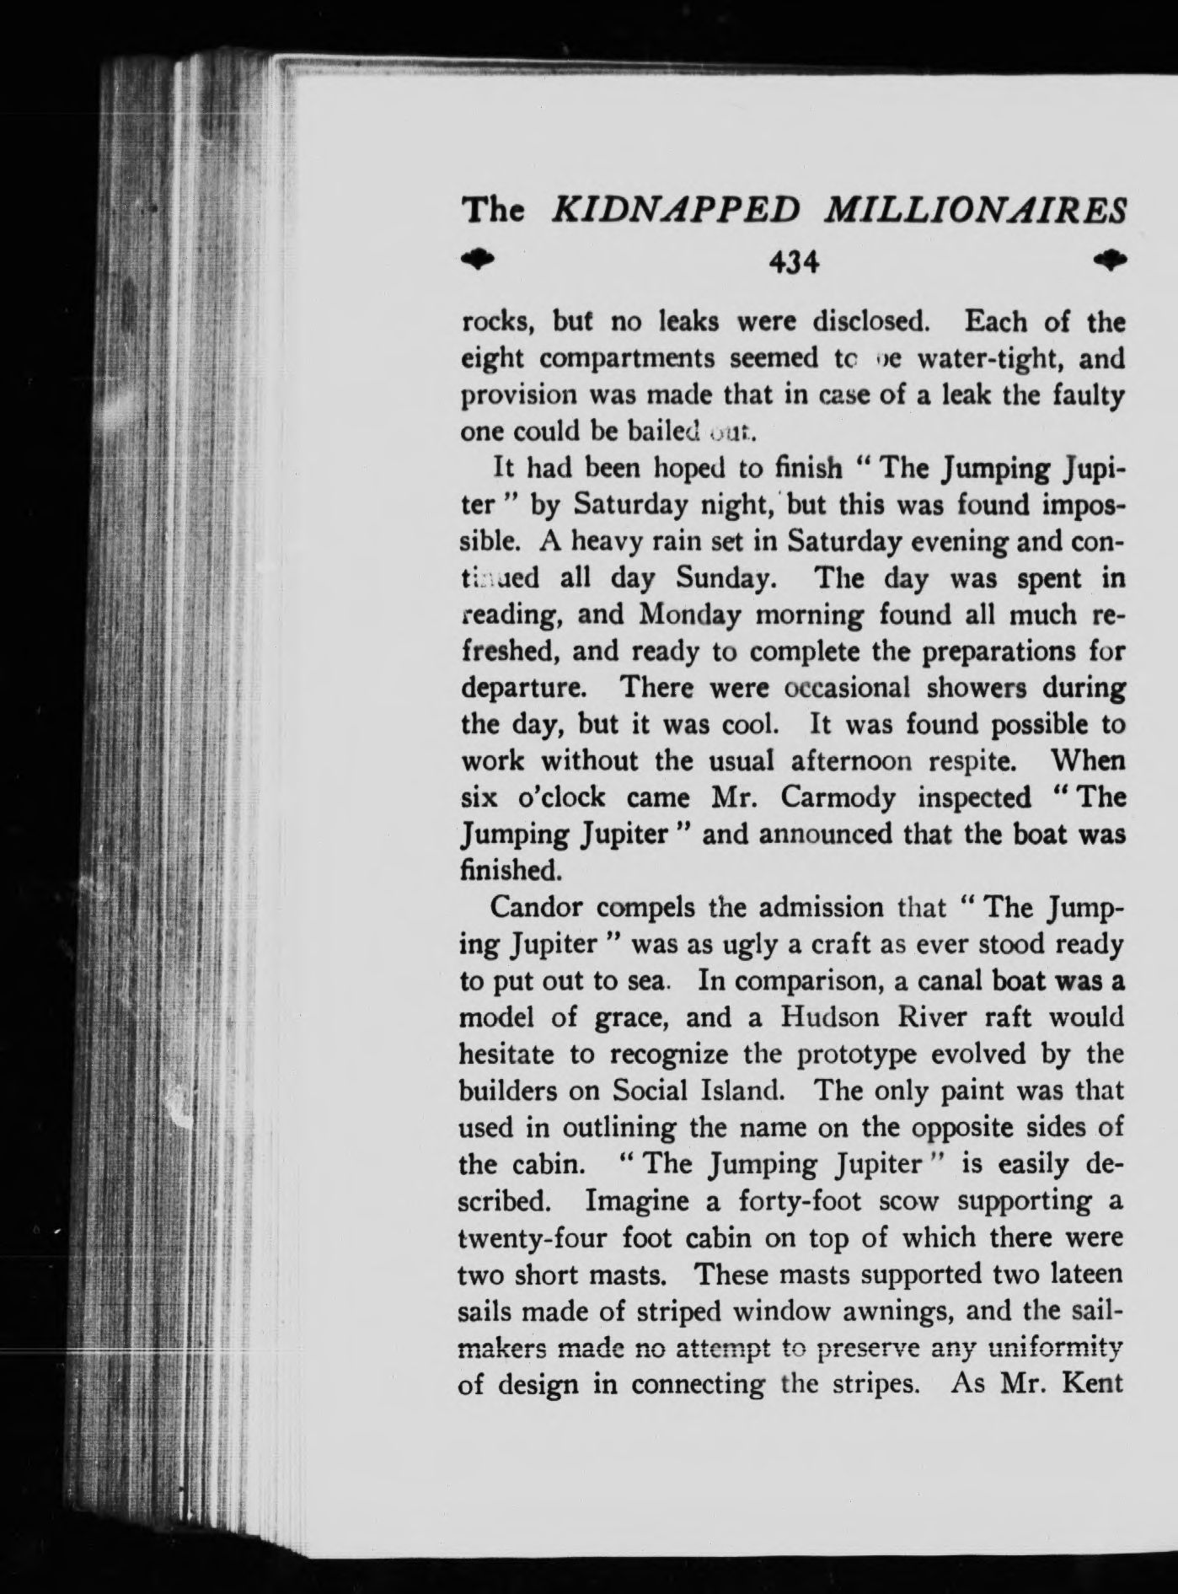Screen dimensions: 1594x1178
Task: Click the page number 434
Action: pyautogui.click(x=795, y=264)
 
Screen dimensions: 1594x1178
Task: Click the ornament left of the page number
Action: pyautogui.click(x=479, y=259)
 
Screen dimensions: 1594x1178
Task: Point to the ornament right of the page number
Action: pyautogui.click(x=1111, y=258)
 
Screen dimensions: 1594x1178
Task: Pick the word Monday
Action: pyautogui.click(x=690, y=615)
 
